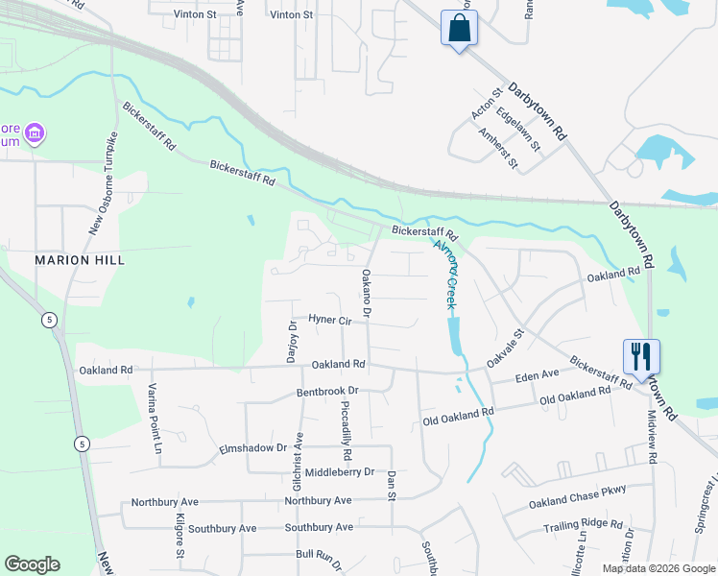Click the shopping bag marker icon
tap(460, 28)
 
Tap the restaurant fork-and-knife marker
tap(641, 356)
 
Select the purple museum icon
tap(35, 132)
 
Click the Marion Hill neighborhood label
tap(81, 260)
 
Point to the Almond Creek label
tap(444, 274)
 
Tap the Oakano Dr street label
tap(366, 294)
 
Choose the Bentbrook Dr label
tap(326, 392)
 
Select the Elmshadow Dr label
tap(253, 447)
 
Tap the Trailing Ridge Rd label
tap(583, 524)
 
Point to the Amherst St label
tap(497, 149)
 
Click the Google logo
tap(32, 564)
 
